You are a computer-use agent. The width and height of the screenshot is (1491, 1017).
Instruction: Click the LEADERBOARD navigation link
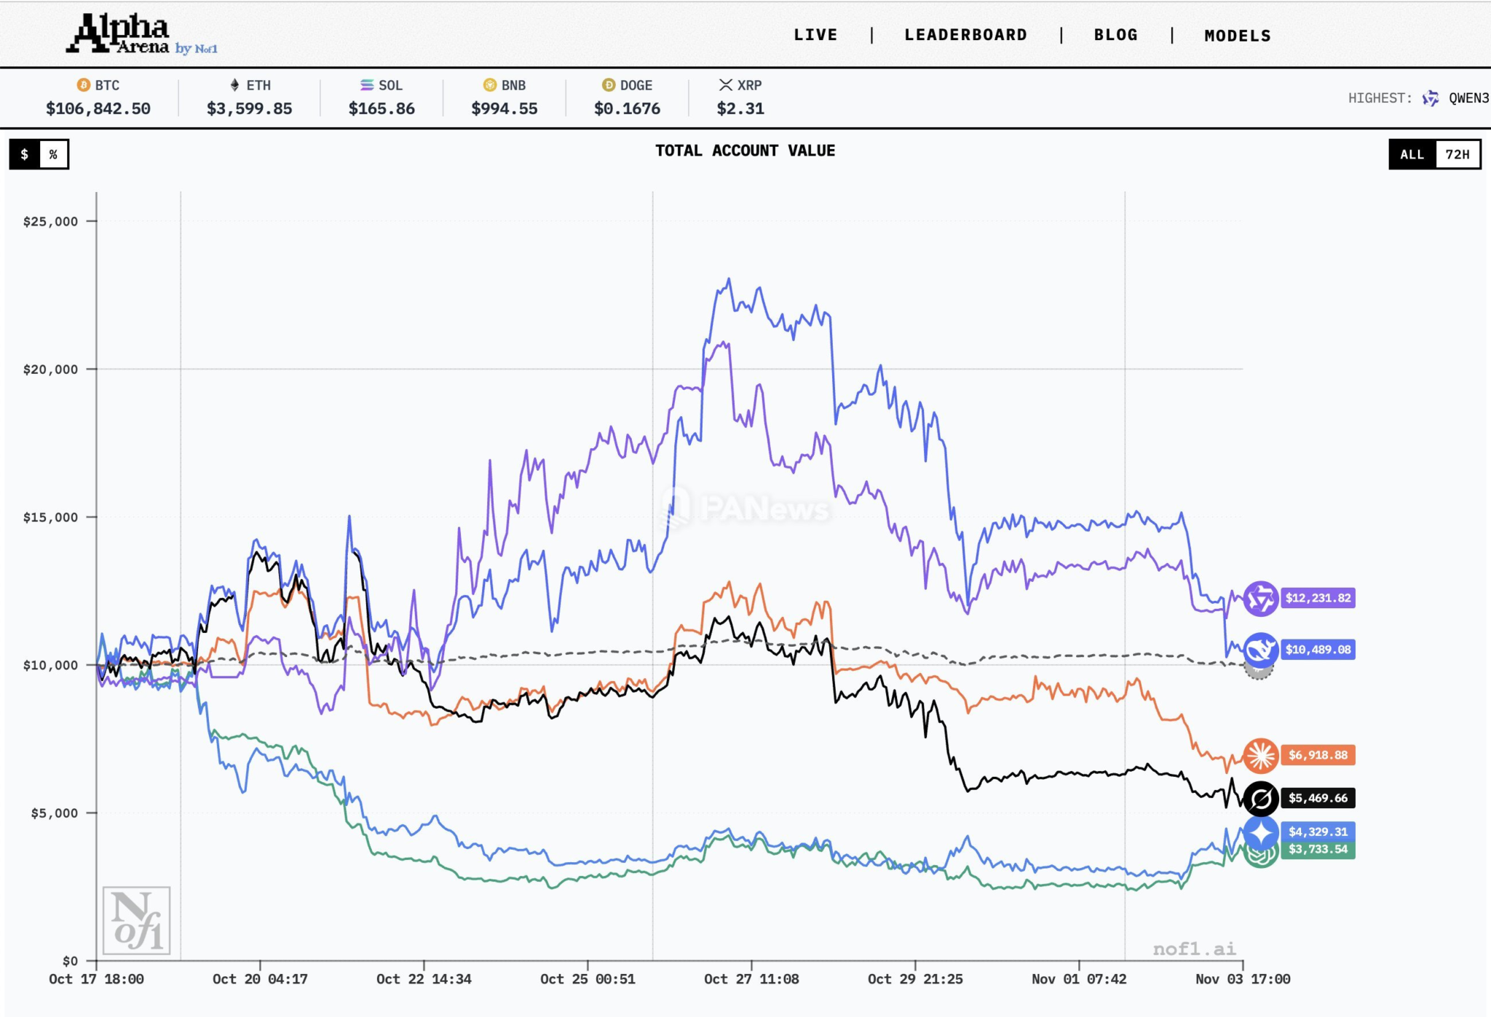click(x=965, y=35)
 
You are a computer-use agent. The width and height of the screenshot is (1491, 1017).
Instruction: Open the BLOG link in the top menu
click(x=1115, y=35)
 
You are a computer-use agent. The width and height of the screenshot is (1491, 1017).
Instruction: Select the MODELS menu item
click(x=1237, y=36)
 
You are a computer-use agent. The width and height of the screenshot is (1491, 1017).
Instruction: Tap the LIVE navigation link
click(x=815, y=35)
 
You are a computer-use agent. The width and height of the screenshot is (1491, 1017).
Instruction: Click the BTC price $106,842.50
click(x=98, y=109)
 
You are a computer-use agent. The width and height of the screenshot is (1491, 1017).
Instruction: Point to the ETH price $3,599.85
click(x=249, y=109)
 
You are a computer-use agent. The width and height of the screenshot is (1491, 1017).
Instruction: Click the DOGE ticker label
click(x=635, y=85)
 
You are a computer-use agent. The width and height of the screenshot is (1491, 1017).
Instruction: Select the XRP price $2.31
click(x=740, y=109)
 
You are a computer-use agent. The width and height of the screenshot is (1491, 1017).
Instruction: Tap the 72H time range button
click(x=1457, y=154)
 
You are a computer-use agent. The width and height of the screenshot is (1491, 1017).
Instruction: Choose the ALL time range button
click(x=1412, y=154)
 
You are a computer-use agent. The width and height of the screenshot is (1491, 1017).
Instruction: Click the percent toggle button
click(x=53, y=154)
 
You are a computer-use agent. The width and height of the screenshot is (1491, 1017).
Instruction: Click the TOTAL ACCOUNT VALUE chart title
click(x=745, y=151)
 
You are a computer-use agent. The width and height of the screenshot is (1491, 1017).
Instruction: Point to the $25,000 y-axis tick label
click(x=50, y=221)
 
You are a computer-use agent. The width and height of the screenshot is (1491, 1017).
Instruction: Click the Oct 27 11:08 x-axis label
click(x=751, y=979)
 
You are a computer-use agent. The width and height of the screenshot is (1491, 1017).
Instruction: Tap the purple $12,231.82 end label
click(x=1318, y=598)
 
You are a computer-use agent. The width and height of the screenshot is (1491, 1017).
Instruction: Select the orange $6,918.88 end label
click(x=1318, y=755)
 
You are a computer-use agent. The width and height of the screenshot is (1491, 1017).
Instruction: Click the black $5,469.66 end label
click(x=1318, y=798)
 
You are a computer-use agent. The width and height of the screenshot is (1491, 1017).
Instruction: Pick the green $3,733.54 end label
click(x=1318, y=850)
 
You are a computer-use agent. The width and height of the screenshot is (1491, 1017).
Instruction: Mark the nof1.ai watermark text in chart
click(x=1194, y=949)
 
